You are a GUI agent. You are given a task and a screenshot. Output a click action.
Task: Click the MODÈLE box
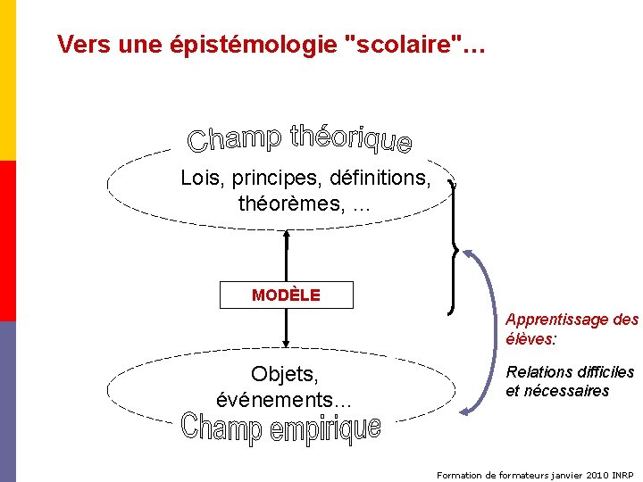coord(286,295)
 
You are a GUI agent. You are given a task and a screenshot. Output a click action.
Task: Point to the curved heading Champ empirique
coord(281,428)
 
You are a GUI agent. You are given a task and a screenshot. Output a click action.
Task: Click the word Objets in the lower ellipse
coord(285,372)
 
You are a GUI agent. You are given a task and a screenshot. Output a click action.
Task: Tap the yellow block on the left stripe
coord(8,80)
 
